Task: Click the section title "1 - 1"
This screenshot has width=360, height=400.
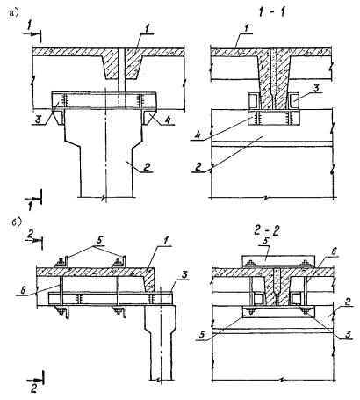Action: point(272,12)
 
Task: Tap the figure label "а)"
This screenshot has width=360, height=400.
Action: point(14,13)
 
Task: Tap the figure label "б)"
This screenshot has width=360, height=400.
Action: point(17,222)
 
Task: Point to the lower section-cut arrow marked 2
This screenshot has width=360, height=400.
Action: point(36,381)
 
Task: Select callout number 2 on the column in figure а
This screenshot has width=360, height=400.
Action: point(147,167)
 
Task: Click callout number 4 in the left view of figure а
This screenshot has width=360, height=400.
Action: point(168,120)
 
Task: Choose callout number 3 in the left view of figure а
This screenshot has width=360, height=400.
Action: point(37,120)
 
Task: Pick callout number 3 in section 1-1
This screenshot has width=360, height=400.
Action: point(314,88)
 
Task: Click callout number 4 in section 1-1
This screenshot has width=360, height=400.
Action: point(197,135)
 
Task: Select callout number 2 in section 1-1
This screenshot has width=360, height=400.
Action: point(198,168)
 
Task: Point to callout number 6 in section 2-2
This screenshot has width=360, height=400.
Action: point(332,251)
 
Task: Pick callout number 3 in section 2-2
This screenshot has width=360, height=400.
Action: point(349,334)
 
